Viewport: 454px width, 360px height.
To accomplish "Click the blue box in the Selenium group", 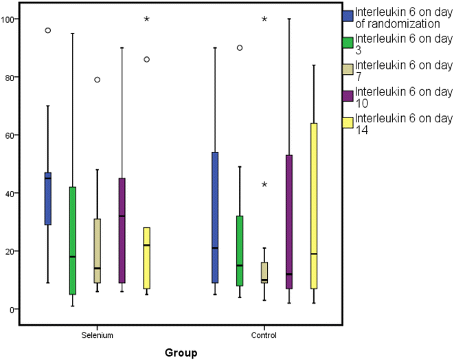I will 48,199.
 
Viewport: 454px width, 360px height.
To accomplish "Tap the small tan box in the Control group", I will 264,272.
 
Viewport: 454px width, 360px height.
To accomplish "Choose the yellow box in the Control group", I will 313,206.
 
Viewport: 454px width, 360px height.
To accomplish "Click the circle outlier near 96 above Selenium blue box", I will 48,30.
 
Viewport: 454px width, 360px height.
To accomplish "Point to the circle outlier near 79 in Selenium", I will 98,80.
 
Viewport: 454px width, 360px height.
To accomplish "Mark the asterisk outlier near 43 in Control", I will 264,184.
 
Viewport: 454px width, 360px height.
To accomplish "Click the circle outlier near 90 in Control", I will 240,48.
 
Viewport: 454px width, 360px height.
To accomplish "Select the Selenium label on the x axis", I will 97,336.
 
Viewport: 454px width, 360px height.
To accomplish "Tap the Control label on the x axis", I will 264,336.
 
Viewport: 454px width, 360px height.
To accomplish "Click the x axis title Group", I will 180,352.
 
